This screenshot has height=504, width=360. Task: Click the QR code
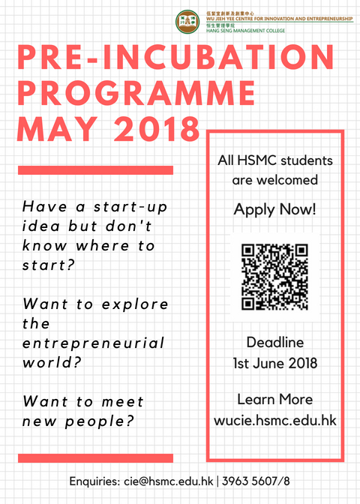[274, 277]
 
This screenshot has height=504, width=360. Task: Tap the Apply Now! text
[274, 209]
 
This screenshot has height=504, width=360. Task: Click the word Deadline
[274, 342]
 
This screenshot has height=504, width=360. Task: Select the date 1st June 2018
[274, 364]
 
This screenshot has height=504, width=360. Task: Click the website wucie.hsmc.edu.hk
[274, 420]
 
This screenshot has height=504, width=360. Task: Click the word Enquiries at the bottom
[94, 481]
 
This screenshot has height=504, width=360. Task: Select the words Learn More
[274, 398]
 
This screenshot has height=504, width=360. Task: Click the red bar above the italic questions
[95, 170]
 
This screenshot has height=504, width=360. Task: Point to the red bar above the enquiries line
[95, 457]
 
